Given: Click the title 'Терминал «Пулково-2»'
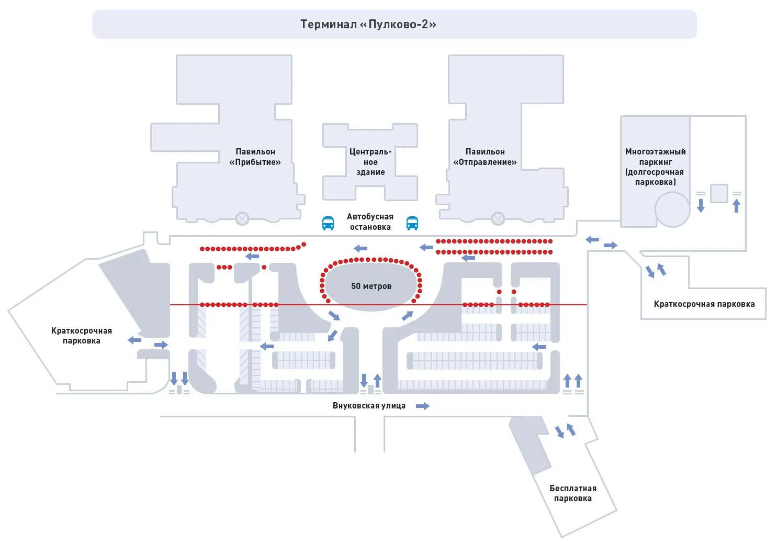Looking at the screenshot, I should pyautogui.click(x=368, y=24).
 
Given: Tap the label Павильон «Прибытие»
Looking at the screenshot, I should pyautogui.click(x=255, y=157).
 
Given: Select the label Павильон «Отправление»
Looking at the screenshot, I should pyautogui.click(x=485, y=157).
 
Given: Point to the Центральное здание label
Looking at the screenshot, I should pyautogui.click(x=370, y=161).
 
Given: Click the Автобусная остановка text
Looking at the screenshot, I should pyautogui.click(x=370, y=222).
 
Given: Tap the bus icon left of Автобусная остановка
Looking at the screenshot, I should pyautogui.click(x=328, y=223).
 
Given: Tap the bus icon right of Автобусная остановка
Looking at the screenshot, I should pyautogui.click(x=412, y=223).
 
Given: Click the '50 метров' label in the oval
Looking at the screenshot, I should pyautogui.click(x=371, y=286).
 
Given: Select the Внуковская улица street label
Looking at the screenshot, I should pyautogui.click(x=369, y=405).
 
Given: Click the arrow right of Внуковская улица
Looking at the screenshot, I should pyautogui.click(x=423, y=406).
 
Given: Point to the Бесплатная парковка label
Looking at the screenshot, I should pyautogui.click(x=572, y=493).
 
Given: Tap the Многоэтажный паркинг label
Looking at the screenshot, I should pyautogui.click(x=655, y=167).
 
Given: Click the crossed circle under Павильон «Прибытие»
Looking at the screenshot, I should pyautogui.click(x=242, y=218).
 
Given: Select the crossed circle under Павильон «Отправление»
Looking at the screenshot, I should pyautogui.click(x=498, y=218).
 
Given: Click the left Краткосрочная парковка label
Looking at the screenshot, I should pyautogui.click(x=82, y=335).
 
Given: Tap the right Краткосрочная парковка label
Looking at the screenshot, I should pyautogui.click(x=704, y=304).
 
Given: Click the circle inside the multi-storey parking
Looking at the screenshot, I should pyautogui.click(x=672, y=209).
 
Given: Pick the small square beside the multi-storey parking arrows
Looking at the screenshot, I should pyautogui.click(x=719, y=193).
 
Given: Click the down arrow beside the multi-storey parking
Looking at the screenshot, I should pyautogui.click(x=701, y=205).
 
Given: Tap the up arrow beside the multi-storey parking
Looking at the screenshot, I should pyautogui.click(x=737, y=205).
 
